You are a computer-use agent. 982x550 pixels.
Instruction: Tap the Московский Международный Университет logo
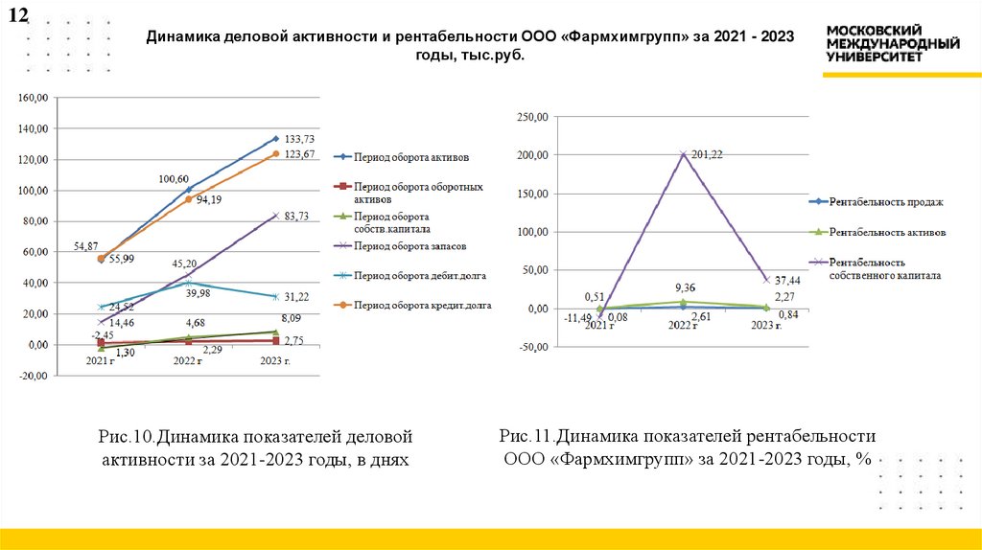[893, 43]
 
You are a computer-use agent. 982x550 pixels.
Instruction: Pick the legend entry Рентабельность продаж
[887, 202]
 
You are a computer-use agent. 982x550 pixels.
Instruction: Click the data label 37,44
[788, 280]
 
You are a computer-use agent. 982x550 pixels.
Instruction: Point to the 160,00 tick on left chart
[33, 98]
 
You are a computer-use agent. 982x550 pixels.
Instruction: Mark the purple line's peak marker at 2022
[682, 154]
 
